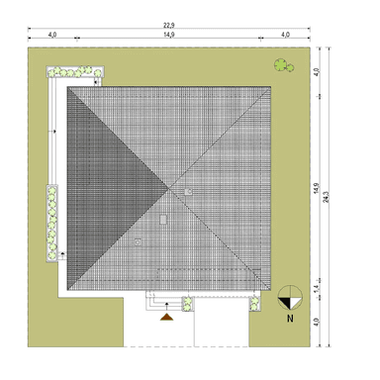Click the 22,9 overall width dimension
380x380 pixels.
169,25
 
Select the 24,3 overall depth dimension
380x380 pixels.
327,197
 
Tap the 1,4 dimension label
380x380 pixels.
316,289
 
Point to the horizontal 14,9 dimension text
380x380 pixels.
169,35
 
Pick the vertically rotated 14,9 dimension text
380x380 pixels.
317,188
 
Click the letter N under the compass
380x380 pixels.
290,319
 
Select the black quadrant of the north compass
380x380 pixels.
286,303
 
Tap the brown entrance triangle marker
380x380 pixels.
167,317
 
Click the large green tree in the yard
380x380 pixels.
280,64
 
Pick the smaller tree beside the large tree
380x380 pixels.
290,68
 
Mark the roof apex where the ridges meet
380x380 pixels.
169,188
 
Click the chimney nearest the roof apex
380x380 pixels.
188,192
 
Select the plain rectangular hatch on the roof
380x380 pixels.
163,220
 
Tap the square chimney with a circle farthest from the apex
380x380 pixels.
138,242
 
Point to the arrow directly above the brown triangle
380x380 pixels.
167,307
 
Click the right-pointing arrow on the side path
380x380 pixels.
52,132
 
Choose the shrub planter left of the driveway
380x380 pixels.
187,304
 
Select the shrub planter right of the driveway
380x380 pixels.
254,304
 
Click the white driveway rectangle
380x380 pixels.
222,322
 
